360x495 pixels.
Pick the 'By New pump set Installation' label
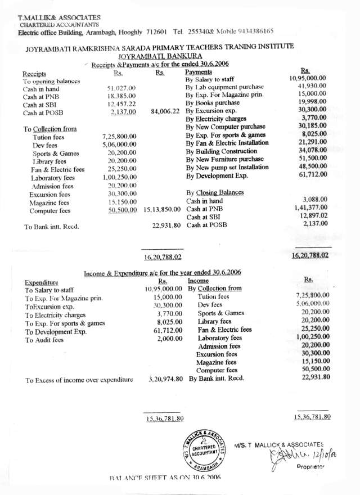coord(227,167)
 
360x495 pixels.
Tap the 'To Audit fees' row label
coord(44,340)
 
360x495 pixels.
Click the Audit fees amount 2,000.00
coord(170,339)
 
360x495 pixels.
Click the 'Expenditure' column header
coord(42,282)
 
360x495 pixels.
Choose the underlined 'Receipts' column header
coord(34,74)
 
